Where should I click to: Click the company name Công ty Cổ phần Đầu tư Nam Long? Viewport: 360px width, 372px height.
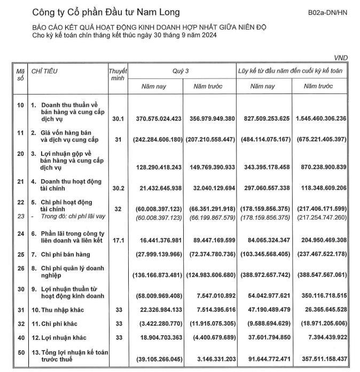[106, 12]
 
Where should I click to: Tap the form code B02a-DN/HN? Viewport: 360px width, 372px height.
[327, 12]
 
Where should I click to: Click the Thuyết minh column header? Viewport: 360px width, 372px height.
[118, 74]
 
